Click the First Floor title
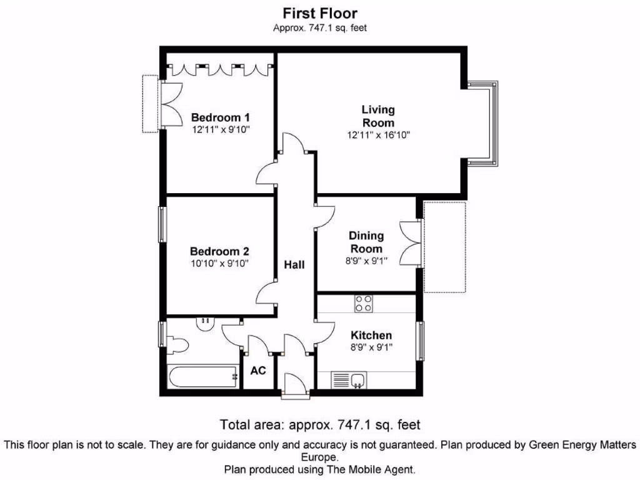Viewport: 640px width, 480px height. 319,13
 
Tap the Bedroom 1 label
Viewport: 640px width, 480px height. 221,117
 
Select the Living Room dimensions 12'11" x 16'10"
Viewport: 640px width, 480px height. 379,135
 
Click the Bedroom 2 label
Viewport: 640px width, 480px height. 219,251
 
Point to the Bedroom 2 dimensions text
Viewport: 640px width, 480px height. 219,264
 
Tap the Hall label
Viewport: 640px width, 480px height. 294,265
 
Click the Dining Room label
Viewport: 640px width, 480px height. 366,242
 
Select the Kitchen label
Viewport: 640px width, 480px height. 371,336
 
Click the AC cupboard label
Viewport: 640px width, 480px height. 258,371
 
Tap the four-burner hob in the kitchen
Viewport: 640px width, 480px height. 364,304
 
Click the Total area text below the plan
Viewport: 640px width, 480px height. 320,425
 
